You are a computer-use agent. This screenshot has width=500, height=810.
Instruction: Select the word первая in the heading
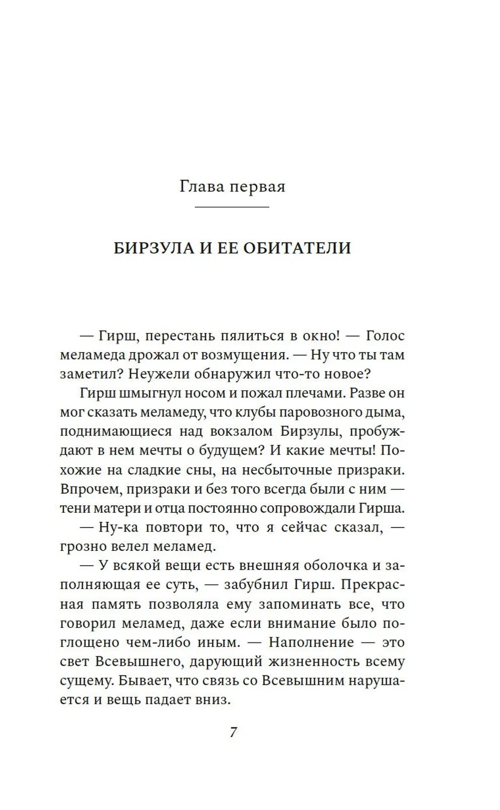coord(256,187)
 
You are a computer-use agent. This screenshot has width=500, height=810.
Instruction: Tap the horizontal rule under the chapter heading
coord(232,207)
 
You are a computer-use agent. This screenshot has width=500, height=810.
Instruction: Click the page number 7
coord(233,732)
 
